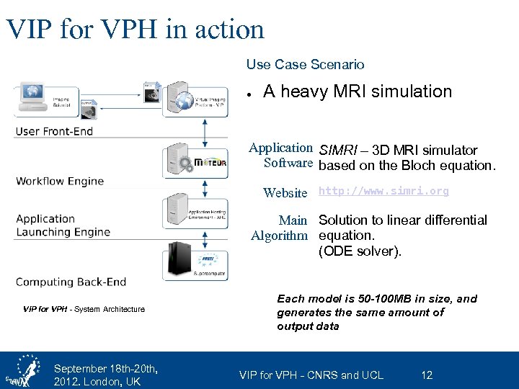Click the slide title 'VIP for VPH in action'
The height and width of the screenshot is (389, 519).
(135, 29)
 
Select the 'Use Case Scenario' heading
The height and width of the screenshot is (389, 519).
(305, 65)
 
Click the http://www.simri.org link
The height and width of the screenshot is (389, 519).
(383, 192)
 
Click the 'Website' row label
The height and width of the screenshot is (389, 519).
(285, 192)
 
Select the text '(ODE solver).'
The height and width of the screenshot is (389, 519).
(360, 251)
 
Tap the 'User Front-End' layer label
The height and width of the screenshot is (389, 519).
(54, 131)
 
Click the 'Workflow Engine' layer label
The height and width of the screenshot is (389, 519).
(60, 181)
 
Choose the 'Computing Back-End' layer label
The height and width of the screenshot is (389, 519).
(71, 282)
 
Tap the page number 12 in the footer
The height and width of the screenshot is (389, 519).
(427, 375)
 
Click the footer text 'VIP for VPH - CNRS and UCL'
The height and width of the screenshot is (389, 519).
(311, 375)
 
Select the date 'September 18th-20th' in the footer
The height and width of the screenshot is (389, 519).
(105, 369)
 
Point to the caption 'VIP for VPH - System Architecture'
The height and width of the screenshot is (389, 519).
(84, 309)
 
